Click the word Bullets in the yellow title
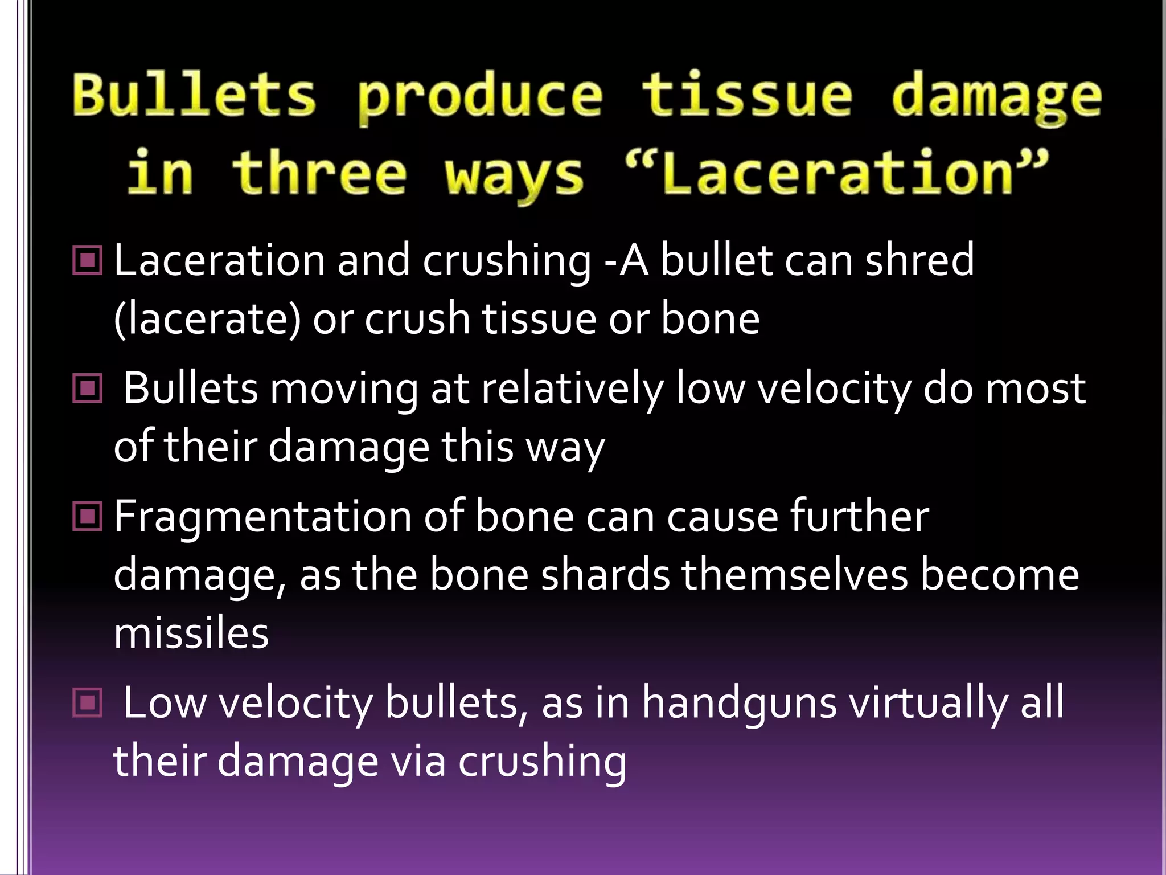[x=194, y=96]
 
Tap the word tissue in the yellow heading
[x=747, y=96]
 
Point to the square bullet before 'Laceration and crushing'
[x=88, y=261]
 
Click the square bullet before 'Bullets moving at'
[x=88, y=389]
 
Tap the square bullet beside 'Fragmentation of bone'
[x=88, y=516]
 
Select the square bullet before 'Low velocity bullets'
[x=88, y=702]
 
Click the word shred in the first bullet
[x=919, y=260]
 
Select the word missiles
[x=191, y=633]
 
